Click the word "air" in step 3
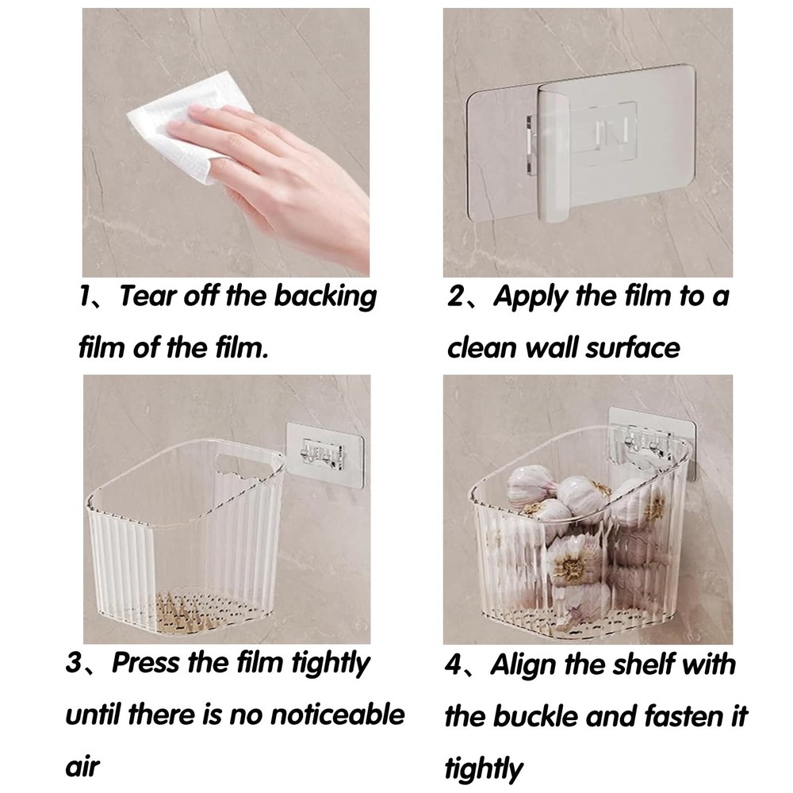pos(82,767)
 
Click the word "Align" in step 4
pos(523,665)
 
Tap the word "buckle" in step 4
pos(535,716)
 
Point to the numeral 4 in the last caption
pos(453,665)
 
